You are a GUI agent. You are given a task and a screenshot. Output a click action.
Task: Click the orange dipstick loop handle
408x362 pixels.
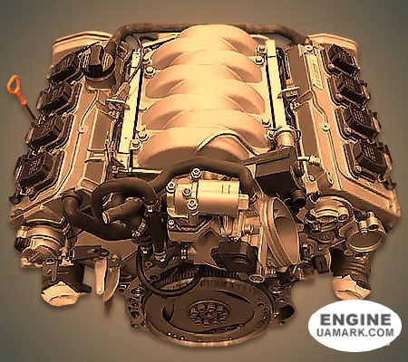15,85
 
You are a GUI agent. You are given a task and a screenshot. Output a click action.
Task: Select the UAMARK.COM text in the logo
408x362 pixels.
355,332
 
